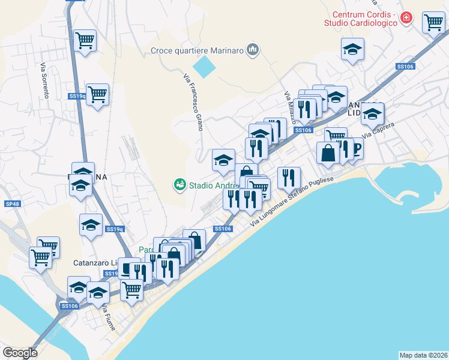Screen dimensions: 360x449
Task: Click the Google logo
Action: tap(20, 353)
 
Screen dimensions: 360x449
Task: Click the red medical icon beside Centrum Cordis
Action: tap(406, 18)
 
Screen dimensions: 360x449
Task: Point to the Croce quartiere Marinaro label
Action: tap(197, 50)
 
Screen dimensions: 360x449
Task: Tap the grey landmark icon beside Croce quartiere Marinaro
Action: tap(253, 50)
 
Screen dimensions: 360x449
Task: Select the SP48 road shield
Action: tap(12, 204)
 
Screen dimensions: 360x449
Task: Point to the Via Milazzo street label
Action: tap(291, 107)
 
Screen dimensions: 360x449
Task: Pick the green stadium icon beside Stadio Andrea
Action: tap(179, 185)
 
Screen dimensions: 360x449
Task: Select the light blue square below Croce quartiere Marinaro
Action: tap(204, 66)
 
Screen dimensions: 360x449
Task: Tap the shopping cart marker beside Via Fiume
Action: tap(131, 290)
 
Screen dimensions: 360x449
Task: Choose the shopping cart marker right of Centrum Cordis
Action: tap(433, 23)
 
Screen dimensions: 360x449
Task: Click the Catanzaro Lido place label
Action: tap(96, 263)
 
